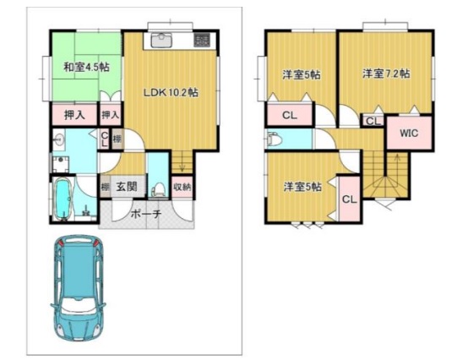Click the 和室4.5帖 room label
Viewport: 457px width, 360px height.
[x=78, y=67]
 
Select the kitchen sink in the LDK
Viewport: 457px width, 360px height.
[x=161, y=40]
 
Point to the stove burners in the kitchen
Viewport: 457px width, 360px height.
[x=203, y=40]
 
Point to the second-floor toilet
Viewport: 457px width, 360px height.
[x=274, y=140]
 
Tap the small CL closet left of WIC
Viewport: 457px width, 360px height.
[x=372, y=122]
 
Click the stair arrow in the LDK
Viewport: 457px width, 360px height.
[x=180, y=158]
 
